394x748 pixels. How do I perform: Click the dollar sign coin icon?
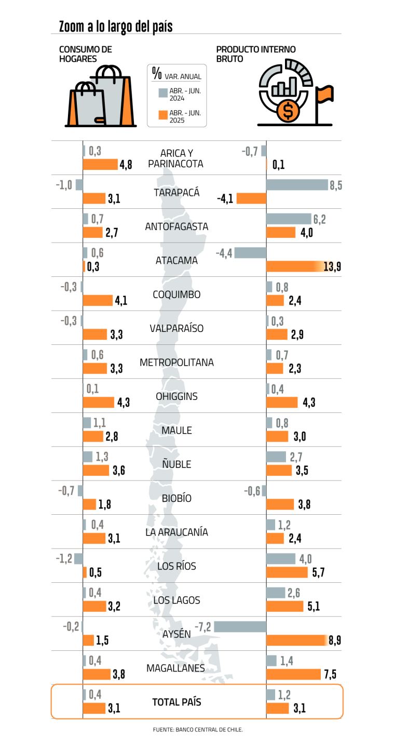[288, 111]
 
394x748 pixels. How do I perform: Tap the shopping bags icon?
[101, 102]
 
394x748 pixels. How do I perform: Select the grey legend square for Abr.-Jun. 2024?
[163, 93]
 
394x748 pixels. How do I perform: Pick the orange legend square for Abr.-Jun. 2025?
[163, 115]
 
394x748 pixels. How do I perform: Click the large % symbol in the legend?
[157, 73]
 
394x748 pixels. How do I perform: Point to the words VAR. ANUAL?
[183, 77]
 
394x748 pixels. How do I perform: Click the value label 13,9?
[332, 267]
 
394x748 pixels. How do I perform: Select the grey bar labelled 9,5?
[297, 185]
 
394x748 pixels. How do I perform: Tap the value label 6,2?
[319, 219]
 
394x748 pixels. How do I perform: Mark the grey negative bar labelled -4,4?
[250, 253]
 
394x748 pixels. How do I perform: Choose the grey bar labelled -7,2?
[240, 627]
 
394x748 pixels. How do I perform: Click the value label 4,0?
[305, 559]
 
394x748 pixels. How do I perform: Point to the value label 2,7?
[296, 457]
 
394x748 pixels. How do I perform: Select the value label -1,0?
[64, 185]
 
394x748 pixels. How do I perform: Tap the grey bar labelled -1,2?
[78, 559]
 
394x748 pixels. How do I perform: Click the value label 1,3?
[102, 457]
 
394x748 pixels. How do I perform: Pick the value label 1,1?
[99, 423]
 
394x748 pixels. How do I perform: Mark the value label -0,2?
[71, 627]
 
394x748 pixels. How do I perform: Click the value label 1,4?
[287, 661]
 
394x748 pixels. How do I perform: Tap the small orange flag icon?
[324, 95]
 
